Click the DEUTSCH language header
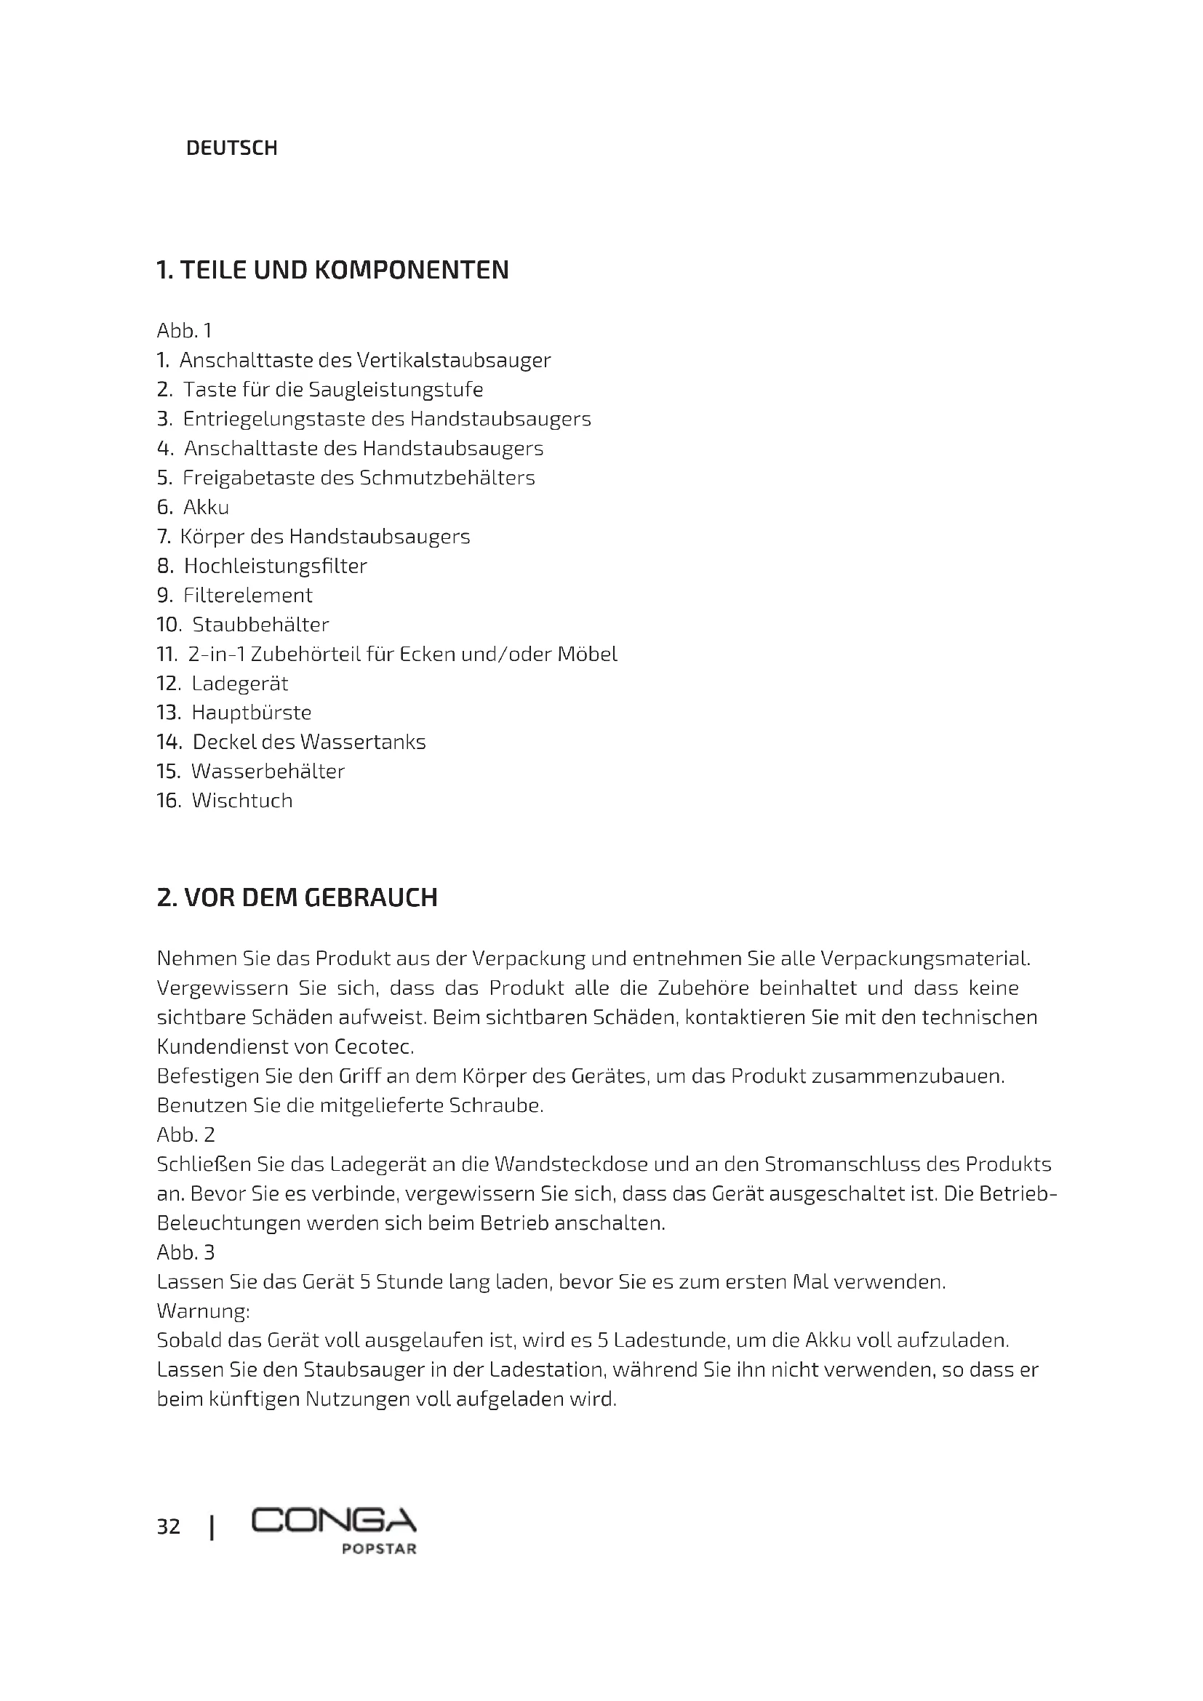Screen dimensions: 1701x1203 click(x=231, y=148)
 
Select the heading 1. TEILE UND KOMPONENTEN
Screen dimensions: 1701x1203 click(x=332, y=270)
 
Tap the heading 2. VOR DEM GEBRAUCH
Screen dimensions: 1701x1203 click(x=297, y=897)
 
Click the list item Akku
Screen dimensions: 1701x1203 click(x=206, y=508)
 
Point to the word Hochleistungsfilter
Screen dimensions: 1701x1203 click(x=276, y=566)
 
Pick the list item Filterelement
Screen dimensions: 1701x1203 click(x=248, y=596)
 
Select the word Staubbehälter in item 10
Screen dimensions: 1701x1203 click(x=261, y=625)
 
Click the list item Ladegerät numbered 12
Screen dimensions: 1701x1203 click(x=240, y=683)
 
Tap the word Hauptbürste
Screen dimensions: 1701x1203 click(x=252, y=713)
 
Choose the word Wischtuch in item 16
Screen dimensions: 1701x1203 click(x=242, y=801)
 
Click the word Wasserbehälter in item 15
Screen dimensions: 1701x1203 click(x=268, y=771)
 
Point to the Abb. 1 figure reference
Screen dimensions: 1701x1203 click(x=185, y=330)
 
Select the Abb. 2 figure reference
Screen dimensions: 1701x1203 click(x=186, y=1135)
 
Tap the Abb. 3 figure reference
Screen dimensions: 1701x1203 click(x=186, y=1253)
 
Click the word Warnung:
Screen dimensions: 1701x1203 click(x=203, y=1311)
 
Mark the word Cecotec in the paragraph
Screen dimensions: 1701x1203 click(x=373, y=1046)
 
